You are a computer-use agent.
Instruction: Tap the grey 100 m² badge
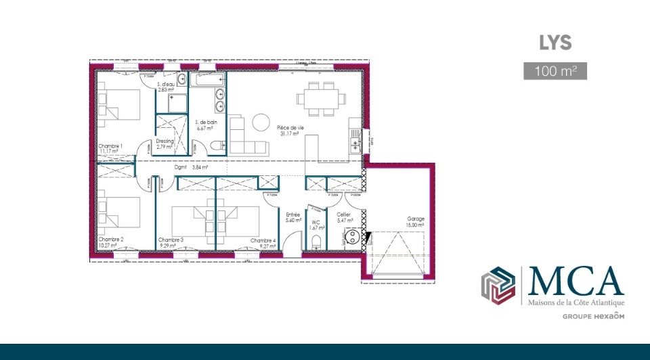[555, 70]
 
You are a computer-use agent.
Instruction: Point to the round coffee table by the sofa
[261, 122]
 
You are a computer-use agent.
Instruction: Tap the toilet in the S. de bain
[217, 145]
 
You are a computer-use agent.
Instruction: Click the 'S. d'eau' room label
[165, 85]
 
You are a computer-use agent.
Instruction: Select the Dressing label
[165, 141]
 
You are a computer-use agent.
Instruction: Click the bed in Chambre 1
[120, 107]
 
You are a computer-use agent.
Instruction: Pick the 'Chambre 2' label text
[110, 240]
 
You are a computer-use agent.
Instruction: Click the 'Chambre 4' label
[263, 241]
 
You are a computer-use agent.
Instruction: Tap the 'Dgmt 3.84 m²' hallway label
[191, 166]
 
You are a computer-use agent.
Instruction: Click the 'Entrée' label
[292, 215]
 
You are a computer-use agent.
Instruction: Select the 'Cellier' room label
[345, 215]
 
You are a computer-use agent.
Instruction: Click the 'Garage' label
[415, 219]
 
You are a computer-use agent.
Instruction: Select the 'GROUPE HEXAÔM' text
[593, 316]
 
